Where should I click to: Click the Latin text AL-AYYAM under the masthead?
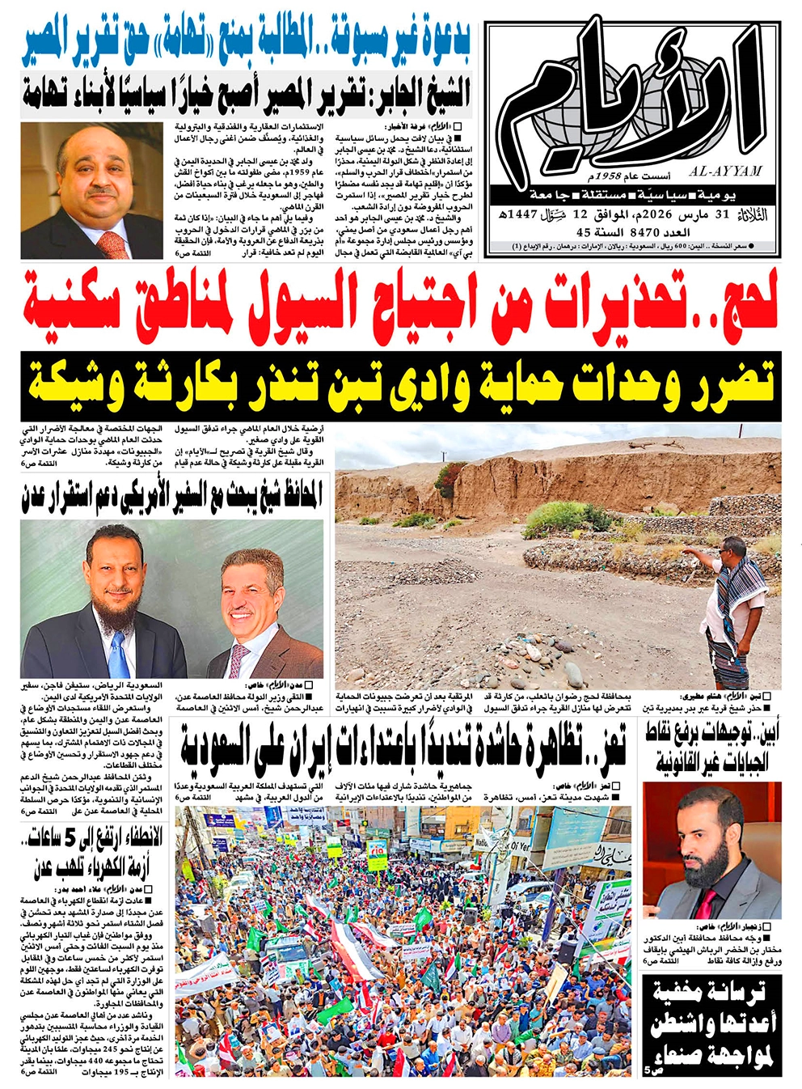(726, 172)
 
